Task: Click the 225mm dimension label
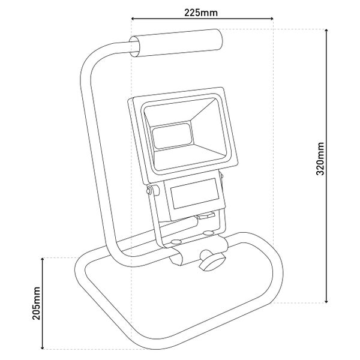coord(201,13)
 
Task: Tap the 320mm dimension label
coord(320,159)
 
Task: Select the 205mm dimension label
coord(36,303)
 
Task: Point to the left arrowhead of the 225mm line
coord(133,19)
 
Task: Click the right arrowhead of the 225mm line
coord(272,19)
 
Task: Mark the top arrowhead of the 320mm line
coord(326,31)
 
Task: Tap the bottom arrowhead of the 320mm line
coord(326,301)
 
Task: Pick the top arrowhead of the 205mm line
coord(42,259)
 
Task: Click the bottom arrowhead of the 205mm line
coord(42,347)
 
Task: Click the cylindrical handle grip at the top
coord(176,43)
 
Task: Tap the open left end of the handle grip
coord(134,47)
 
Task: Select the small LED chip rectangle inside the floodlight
coord(172,136)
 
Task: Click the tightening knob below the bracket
coord(212,262)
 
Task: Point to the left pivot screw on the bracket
coord(149,190)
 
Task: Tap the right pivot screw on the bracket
coord(222,176)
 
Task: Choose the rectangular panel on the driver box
coord(195,194)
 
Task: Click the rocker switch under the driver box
coord(206,216)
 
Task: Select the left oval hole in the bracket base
coord(176,242)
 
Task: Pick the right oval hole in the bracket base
coord(208,233)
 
